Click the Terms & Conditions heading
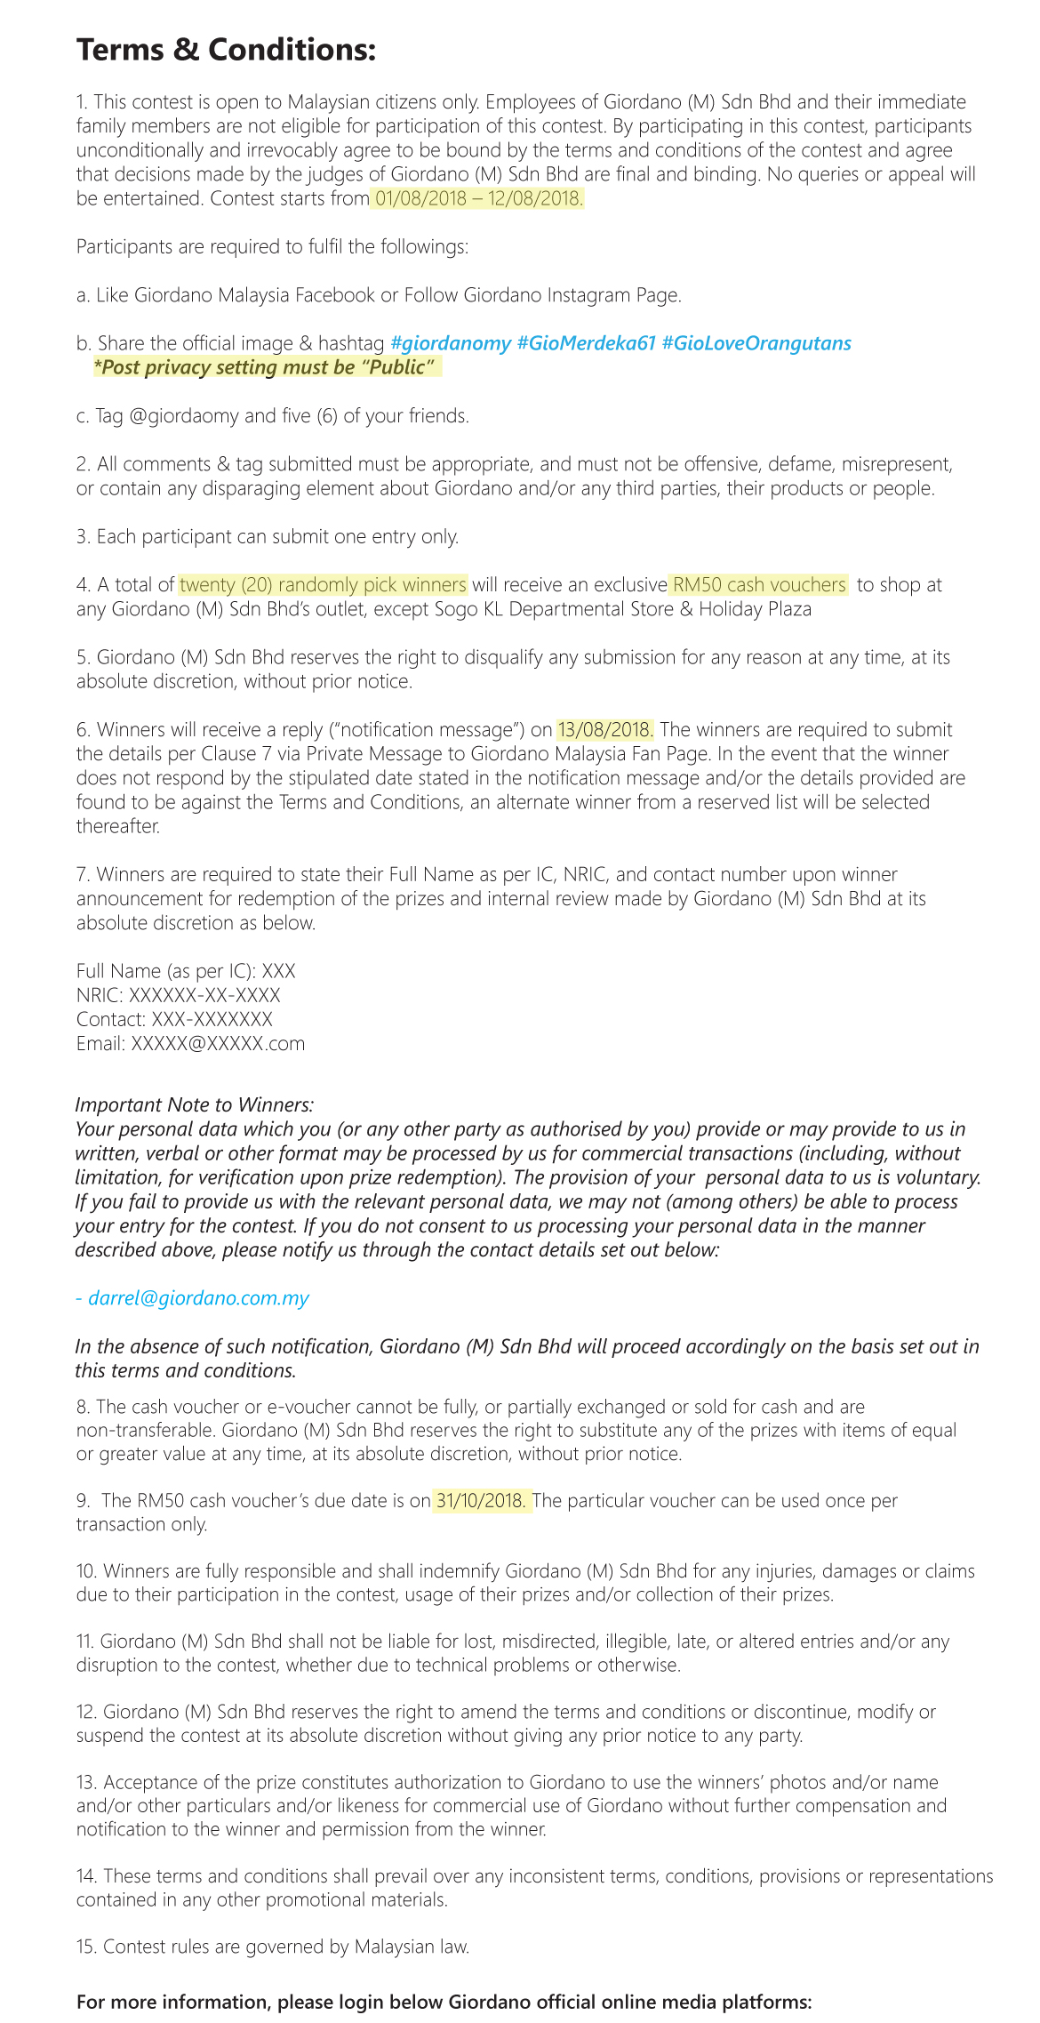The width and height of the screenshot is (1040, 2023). [226, 51]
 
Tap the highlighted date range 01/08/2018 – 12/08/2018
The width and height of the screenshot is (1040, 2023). [478, 198]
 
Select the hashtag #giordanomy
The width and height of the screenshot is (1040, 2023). [451, 343]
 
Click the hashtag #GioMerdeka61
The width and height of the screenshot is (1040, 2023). [586, 343]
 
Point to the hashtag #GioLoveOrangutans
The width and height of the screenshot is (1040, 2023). [756, 343]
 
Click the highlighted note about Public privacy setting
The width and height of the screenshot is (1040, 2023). [267, 367]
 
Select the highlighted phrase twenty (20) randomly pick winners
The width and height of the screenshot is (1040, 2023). [323, 585]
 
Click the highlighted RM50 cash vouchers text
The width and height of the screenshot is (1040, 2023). [759, 585]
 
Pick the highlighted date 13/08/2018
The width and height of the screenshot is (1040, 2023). [605, 730]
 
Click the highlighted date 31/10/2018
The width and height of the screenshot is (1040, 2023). [481, 1501]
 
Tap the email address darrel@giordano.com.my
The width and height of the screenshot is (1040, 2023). [198, 1298]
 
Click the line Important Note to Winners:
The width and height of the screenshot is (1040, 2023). [195, 1105]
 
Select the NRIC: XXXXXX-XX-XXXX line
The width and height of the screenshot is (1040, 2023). [179, 996]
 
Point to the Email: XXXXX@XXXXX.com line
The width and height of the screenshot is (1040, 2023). [190, 1044]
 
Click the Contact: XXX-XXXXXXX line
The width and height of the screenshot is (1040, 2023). [174, 1020]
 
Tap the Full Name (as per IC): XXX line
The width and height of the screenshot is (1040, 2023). [186, 972]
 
